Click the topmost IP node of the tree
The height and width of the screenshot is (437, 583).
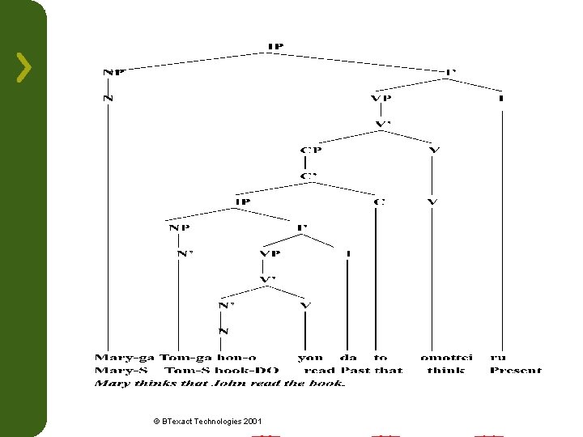[275, 46]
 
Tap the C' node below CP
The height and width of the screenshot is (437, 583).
[308, 176]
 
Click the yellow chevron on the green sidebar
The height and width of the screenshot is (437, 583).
[24, 67]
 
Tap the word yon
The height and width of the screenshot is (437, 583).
[310, 358]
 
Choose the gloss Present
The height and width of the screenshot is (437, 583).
[515, 371]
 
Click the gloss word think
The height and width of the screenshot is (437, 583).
[446, 371]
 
